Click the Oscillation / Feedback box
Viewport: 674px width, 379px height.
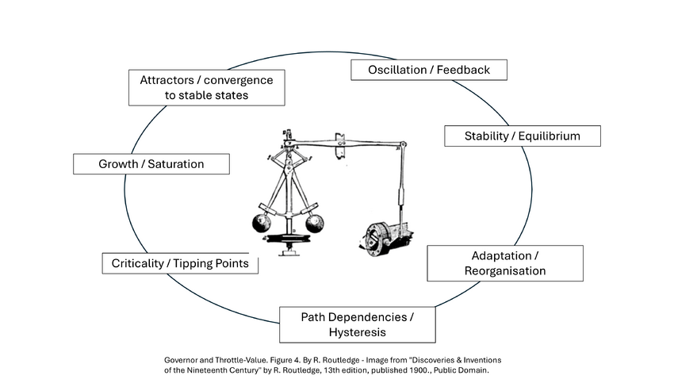pyautogui.click(x=429, y=70)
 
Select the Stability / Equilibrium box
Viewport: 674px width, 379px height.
pyautogui.click(x=522, y=136)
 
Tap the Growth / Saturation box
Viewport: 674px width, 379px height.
pyautogui.click(x=151, y=164)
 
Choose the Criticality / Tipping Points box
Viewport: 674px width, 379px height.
pyautogui.click(x=180, y=263)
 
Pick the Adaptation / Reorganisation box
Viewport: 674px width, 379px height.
pyautogui.click(x=504, y=263)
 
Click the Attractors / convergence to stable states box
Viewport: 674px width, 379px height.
pyautogui.click(x=206, y=87)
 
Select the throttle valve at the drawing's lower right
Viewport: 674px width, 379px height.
pyautogui.click(x=384, y=236)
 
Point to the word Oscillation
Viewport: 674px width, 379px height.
pyautogui.click(x=398, y=70)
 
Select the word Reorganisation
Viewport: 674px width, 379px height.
pyautogui.click(x=504, y=271)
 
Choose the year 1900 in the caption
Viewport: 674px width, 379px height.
pyautogui.click(x=396, y=370)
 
